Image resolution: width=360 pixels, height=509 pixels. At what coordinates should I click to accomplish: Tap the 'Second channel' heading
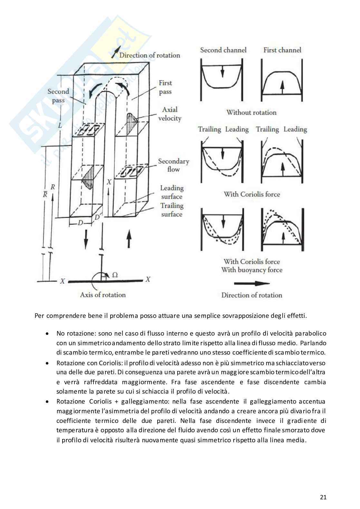(223, 50)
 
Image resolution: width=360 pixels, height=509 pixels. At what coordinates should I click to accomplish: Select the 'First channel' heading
(282, 50)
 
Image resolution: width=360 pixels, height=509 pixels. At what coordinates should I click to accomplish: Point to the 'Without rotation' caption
(251, 113)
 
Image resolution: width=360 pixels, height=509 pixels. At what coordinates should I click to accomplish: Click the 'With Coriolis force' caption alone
(252, 194)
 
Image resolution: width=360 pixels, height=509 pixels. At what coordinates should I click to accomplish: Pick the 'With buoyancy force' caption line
(252, 270)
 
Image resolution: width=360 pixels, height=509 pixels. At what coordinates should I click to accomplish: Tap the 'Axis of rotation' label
(103, 295)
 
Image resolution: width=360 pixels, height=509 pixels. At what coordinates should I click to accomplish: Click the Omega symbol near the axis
(114, 275)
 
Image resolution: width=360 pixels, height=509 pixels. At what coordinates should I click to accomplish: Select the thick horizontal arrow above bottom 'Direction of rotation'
(251, 283)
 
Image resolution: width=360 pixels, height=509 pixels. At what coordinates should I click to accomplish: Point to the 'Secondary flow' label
(173, 165)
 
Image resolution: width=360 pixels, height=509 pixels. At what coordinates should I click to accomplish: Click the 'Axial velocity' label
(170, 114)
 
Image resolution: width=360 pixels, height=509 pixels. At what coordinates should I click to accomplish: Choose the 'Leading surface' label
(172, 192)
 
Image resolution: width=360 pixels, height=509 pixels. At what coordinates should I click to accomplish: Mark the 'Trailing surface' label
(172, 210)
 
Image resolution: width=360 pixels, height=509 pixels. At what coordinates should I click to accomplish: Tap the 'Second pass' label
(58, 96)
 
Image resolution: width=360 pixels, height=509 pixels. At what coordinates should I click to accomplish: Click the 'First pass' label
(165, 87)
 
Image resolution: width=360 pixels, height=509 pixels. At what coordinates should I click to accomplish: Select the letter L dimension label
(60, 126)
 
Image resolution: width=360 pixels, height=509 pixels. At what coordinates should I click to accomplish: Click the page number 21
(324, 497)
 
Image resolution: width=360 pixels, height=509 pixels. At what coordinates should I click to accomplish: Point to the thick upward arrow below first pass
(129, 239)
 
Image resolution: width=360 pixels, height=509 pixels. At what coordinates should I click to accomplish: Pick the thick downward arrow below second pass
(86, 239)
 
